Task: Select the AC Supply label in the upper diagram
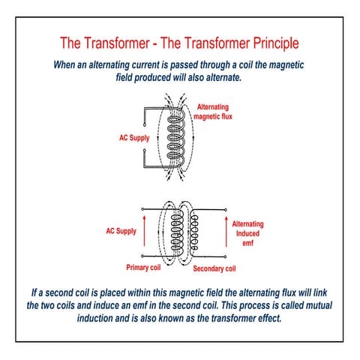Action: click(x=135, y=139)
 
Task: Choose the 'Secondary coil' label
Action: click(x=214, y=268)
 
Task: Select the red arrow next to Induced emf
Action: click(x=226, y=232)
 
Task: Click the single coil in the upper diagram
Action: click(x=178, y=139)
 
